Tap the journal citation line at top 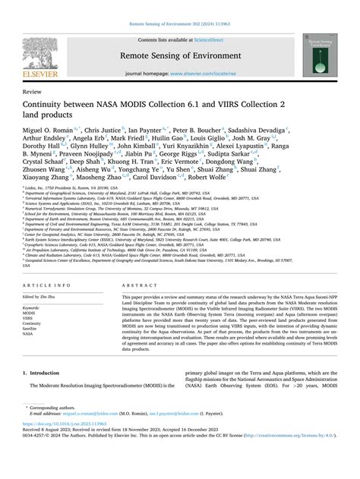[x=179, y=6]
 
